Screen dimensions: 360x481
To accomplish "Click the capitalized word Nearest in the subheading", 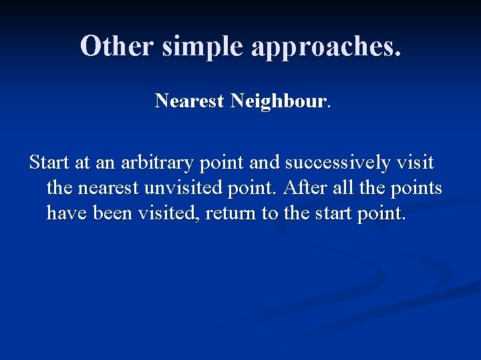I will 189,101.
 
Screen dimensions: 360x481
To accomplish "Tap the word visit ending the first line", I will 416,163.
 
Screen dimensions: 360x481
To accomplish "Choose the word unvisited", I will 177,189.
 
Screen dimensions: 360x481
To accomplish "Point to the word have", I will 64,214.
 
